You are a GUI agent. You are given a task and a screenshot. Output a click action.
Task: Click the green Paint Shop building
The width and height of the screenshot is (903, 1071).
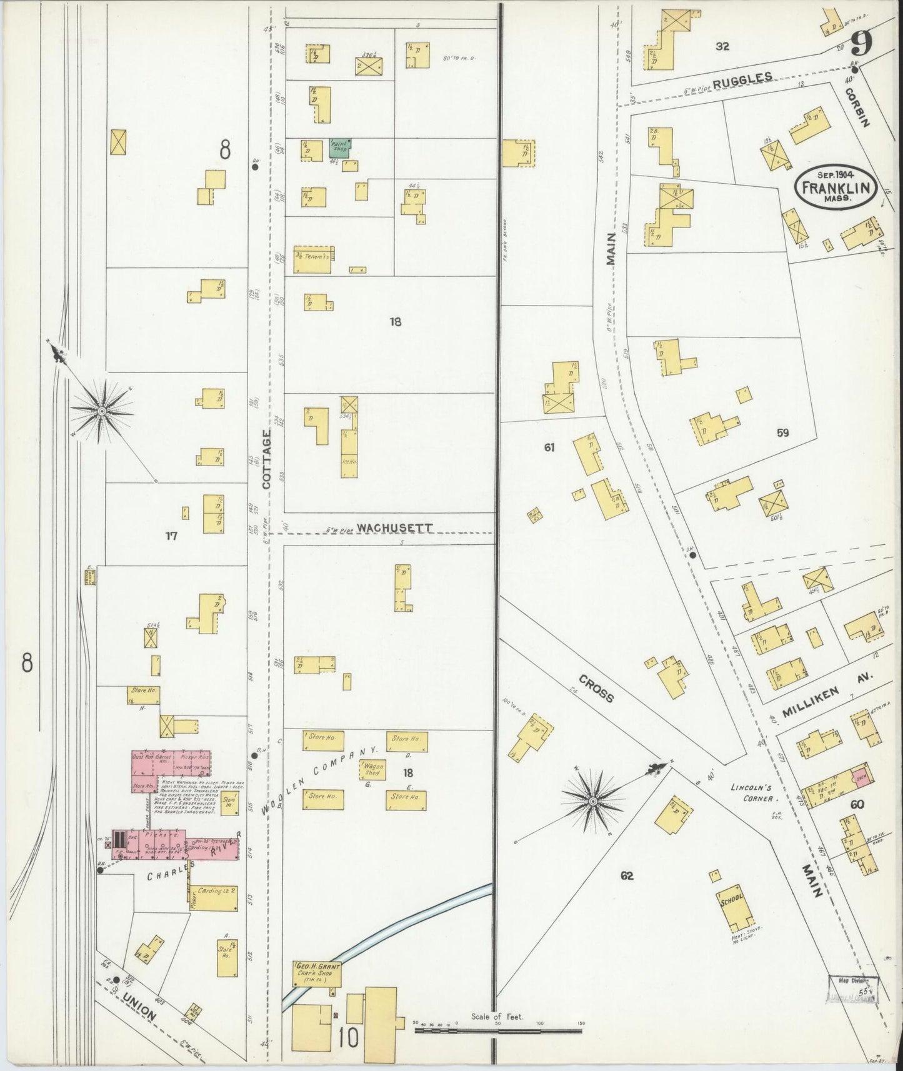339,148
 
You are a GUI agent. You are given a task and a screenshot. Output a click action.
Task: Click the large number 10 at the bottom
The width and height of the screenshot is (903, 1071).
349,1039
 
